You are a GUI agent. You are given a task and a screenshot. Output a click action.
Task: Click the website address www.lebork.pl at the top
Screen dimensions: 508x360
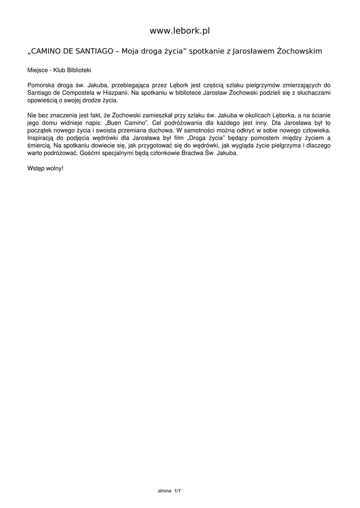[180, 31]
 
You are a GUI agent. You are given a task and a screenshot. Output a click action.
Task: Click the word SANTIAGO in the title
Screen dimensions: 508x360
[94, 51]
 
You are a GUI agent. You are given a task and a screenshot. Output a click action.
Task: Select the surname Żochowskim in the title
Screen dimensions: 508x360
[299, 51]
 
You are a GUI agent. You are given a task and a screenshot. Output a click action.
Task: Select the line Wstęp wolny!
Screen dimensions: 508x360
[46, 168]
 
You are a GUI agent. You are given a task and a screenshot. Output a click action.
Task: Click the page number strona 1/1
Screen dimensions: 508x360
[169, 491]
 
